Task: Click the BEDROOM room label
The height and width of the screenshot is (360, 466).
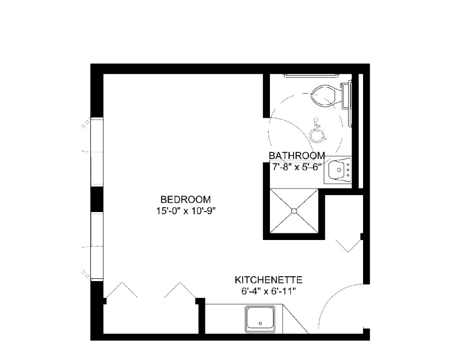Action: (185, 199)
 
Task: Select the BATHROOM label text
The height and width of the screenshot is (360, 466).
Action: (297, 156)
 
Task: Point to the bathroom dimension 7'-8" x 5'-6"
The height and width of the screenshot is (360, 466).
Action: (297, 167)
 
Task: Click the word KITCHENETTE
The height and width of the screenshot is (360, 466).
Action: (268, 280)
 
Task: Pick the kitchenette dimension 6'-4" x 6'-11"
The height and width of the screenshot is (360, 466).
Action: (268, 291)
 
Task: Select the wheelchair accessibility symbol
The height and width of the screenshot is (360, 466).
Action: (316, 132)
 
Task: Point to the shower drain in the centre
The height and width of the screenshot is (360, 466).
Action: (295, 210)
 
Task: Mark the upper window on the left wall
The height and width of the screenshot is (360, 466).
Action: (96, 151)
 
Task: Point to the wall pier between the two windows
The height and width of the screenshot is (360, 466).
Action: (96, 199)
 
